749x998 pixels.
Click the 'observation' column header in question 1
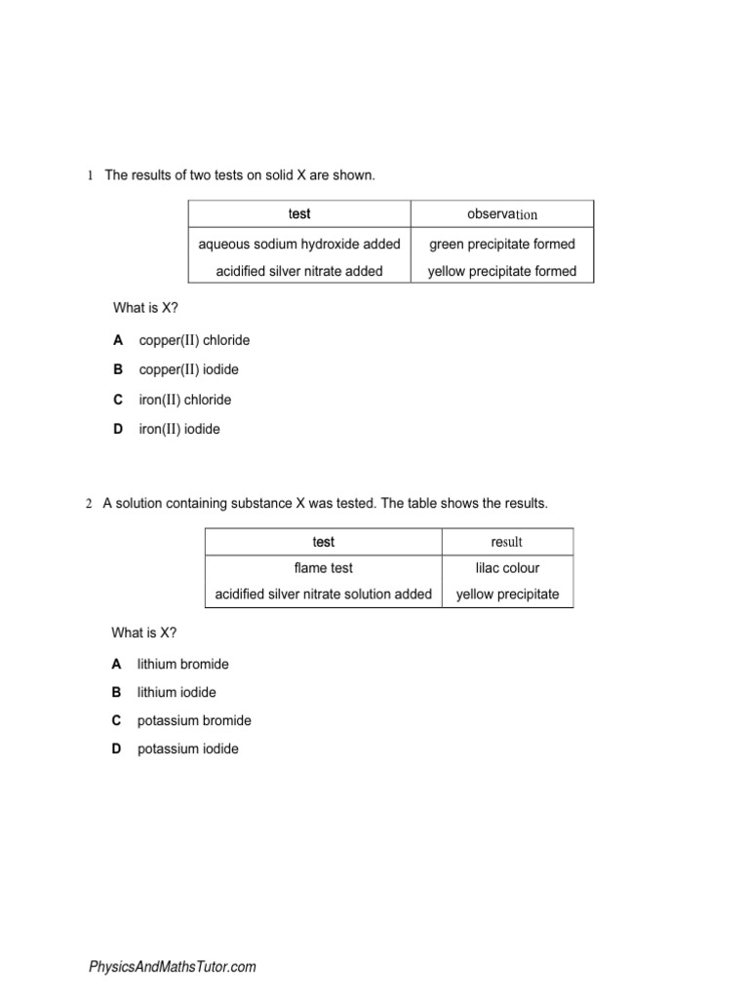[502, 214]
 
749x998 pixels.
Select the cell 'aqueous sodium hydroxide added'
[299, 244]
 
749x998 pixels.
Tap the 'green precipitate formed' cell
[502, 244]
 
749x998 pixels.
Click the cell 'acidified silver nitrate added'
[299, 271]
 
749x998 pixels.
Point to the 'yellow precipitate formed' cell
[502, 271]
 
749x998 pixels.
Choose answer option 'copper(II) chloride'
[194, 340]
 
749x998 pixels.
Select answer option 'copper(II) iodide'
[188, 369]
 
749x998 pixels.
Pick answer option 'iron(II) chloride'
[185, 400]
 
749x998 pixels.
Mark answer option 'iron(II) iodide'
[179, 429]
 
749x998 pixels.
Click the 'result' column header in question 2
[507, 542]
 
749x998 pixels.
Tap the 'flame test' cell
[323, 567]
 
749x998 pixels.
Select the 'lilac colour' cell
[507, 567]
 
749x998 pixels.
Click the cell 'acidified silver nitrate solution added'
[323, 594]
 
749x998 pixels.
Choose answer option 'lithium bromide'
[183, 664]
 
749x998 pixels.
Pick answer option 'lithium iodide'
[177, 692]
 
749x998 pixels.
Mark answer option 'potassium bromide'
[194, 720]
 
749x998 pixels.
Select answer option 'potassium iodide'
[187, 748]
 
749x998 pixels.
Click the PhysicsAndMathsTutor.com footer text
[173, 967]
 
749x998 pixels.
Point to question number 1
[90, 175]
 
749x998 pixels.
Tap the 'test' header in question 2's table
[323, 542]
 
